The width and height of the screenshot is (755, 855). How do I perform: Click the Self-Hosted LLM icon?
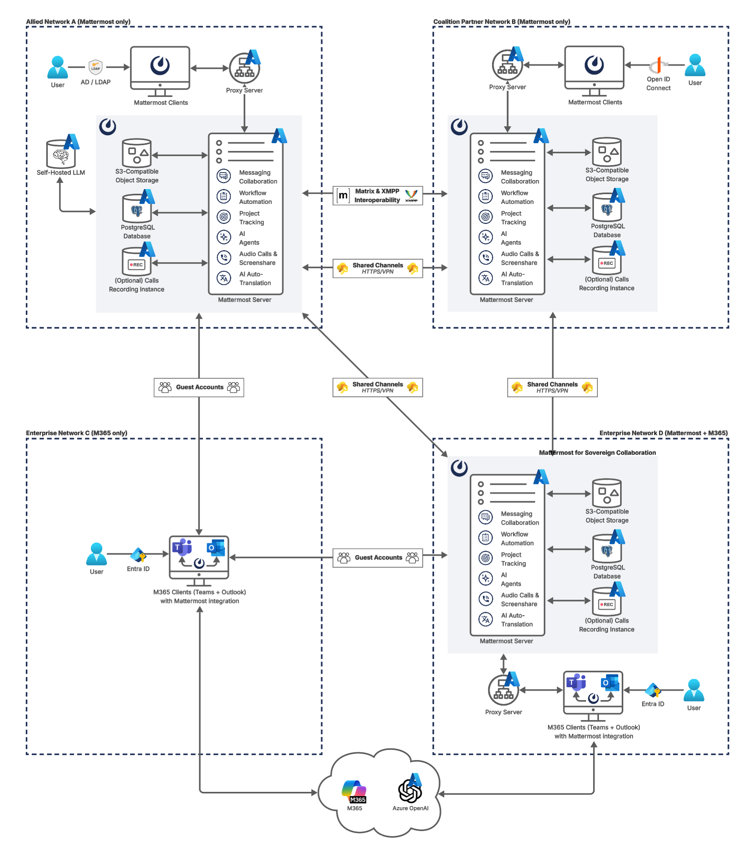tap(61, 154)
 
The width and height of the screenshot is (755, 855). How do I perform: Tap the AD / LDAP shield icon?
tap(96, 67)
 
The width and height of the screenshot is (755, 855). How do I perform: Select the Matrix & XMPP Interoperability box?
tap(377, 195)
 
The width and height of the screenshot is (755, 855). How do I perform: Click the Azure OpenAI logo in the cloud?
tap(410, 791)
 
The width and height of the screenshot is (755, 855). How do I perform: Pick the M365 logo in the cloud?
tap(354, 791)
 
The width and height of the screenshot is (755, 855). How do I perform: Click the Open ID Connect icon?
tap(659, 65)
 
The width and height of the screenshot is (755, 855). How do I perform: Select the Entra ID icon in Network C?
tap(138, 555)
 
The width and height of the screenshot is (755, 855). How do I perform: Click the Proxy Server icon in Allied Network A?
tap(245, 68)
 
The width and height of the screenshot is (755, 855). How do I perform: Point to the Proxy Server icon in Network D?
tap(503, 690)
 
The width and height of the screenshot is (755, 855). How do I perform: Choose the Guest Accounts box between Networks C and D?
tap(377, 558)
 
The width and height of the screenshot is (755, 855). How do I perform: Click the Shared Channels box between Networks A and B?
tap(377, 268)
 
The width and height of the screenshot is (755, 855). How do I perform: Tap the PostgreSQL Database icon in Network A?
tap(137, 209)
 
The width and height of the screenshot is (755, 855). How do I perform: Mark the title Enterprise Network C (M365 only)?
tap(76, 433)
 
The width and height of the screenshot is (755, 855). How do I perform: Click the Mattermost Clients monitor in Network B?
tap(594, 67)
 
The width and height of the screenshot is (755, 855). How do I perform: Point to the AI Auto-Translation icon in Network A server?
tap(224, 278)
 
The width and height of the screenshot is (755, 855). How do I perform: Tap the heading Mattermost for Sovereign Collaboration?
tap(597, 453)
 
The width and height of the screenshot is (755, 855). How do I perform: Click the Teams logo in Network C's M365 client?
tap(183, 547)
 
